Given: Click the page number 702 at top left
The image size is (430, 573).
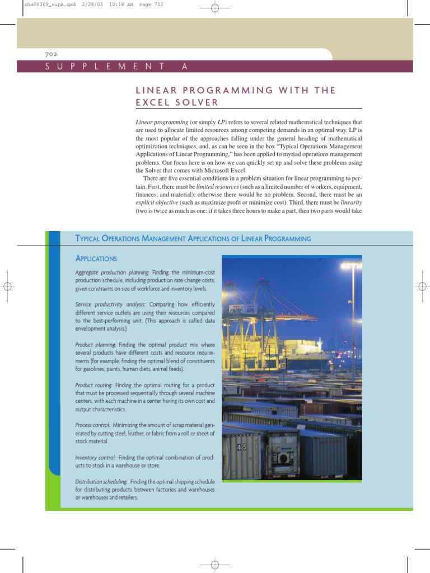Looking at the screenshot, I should tap(50, 54).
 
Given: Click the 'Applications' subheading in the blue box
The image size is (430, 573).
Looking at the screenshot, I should tap(96, 259).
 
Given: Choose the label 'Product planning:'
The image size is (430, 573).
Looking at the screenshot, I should tap(96, 345).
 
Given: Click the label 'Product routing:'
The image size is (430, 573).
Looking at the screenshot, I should tap(94, 386).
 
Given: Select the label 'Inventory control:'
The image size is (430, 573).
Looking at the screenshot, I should tap(96, 458).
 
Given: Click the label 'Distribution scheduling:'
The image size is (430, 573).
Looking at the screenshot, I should tap(101, 482).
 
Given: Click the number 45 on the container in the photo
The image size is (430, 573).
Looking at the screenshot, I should tap(241, 447).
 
